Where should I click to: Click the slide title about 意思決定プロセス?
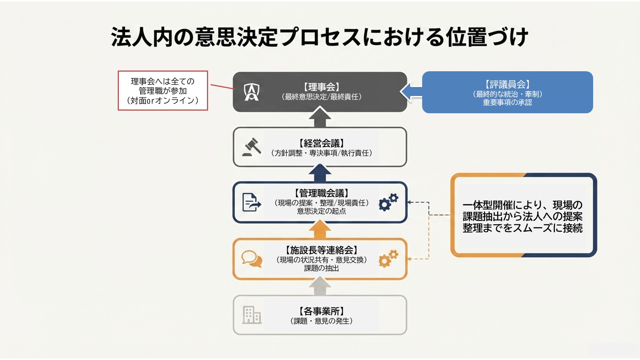coord(319,37)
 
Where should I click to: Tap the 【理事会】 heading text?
coord(321,87)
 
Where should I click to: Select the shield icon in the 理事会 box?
coord(252,92)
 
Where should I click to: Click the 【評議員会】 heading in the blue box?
coord(507,84)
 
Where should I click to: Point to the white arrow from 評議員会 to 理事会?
coord(411,91)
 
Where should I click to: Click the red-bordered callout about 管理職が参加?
coord(163,91)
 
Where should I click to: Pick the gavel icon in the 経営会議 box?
coord(252,147)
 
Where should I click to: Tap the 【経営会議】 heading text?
coord(321,143)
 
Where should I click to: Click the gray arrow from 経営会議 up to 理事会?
coord(320,117)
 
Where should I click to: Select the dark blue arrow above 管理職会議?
coord(320,173)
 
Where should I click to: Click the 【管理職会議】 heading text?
coord(321,193)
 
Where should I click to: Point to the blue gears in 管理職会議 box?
coord(388,202)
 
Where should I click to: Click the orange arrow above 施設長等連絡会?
coord(320,229)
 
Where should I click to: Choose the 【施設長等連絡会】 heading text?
coord(321,250)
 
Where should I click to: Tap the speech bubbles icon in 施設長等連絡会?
coord(252,259)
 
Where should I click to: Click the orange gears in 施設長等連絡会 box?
coord(388,259)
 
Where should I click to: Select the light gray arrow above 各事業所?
coord(320,286)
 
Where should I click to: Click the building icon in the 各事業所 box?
coord(252,315)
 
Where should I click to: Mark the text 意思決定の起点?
coord(321,211)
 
